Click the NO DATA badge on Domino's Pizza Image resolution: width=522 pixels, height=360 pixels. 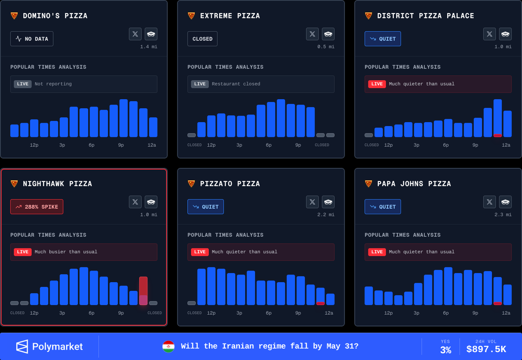(32, 39)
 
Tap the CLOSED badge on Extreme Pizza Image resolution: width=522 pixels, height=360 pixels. (202, 39)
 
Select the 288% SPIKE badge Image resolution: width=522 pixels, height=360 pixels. (37, 207)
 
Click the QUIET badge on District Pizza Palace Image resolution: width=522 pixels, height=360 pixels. (383, 39)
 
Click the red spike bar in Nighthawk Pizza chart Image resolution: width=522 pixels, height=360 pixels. (143, 290)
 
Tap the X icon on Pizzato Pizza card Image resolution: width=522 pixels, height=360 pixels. (312, 202)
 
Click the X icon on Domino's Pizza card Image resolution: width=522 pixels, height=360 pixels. (135, 34)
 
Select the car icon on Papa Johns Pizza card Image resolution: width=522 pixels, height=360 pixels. (505, 202)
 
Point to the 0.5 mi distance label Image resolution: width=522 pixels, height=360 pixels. (326, 47)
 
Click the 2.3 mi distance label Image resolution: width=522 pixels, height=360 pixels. (503, 215)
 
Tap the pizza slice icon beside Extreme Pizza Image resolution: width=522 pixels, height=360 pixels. (191, 16)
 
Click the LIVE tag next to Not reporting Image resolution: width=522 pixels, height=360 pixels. (23, 84)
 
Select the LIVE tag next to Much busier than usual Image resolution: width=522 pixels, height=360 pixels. (23, 252)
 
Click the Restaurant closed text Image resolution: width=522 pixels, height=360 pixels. (236, 84)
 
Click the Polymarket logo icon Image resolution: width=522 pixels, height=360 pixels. (22, 346)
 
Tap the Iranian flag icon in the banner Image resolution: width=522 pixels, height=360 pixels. (168, 347)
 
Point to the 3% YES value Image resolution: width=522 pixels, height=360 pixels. (445, 350)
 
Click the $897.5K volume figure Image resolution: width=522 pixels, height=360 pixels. (486, 349)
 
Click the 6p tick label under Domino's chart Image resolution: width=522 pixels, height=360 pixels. (91, 145)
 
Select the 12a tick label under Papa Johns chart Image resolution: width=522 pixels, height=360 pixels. (506, 313)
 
